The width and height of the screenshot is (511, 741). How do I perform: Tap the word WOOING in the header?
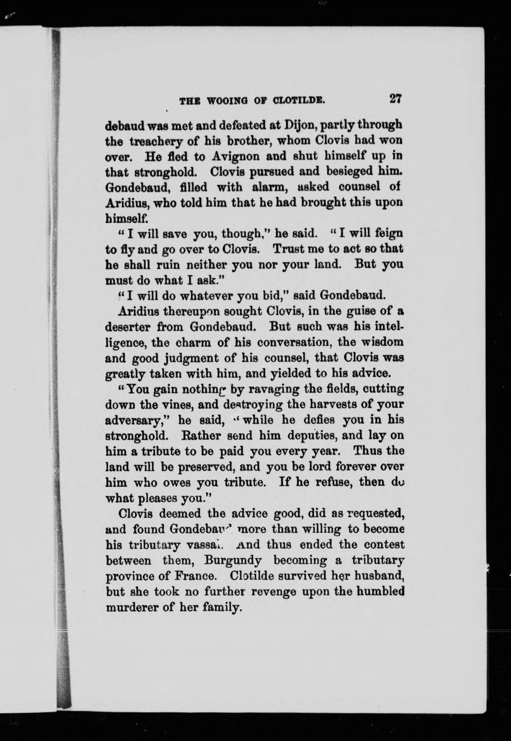[x=225, y=101]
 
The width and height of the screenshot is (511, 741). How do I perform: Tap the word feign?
[x=388, y=235]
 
